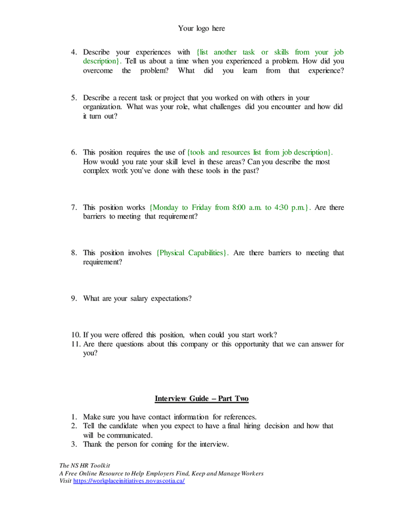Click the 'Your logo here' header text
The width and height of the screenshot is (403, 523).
click(x=201, y=28)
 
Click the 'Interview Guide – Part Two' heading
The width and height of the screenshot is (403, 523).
click(x=201, y=398)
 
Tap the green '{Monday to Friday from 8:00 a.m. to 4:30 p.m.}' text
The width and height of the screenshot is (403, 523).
click(x=230, y=207)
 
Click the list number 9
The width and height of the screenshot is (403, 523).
click(x=74, y=299)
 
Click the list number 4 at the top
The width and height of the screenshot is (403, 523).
click(x=74, y=52)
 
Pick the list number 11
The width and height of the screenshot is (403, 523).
click(x=76, y=344)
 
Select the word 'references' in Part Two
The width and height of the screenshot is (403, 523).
click(x=235, y=417)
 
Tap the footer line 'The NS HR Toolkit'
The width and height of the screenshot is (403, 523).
click(x=85, y=465)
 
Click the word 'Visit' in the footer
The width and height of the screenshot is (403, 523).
click(x=66, y=482)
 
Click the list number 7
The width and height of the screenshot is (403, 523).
click(x=74, y=207)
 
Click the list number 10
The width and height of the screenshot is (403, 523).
click(x=76, y=335)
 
